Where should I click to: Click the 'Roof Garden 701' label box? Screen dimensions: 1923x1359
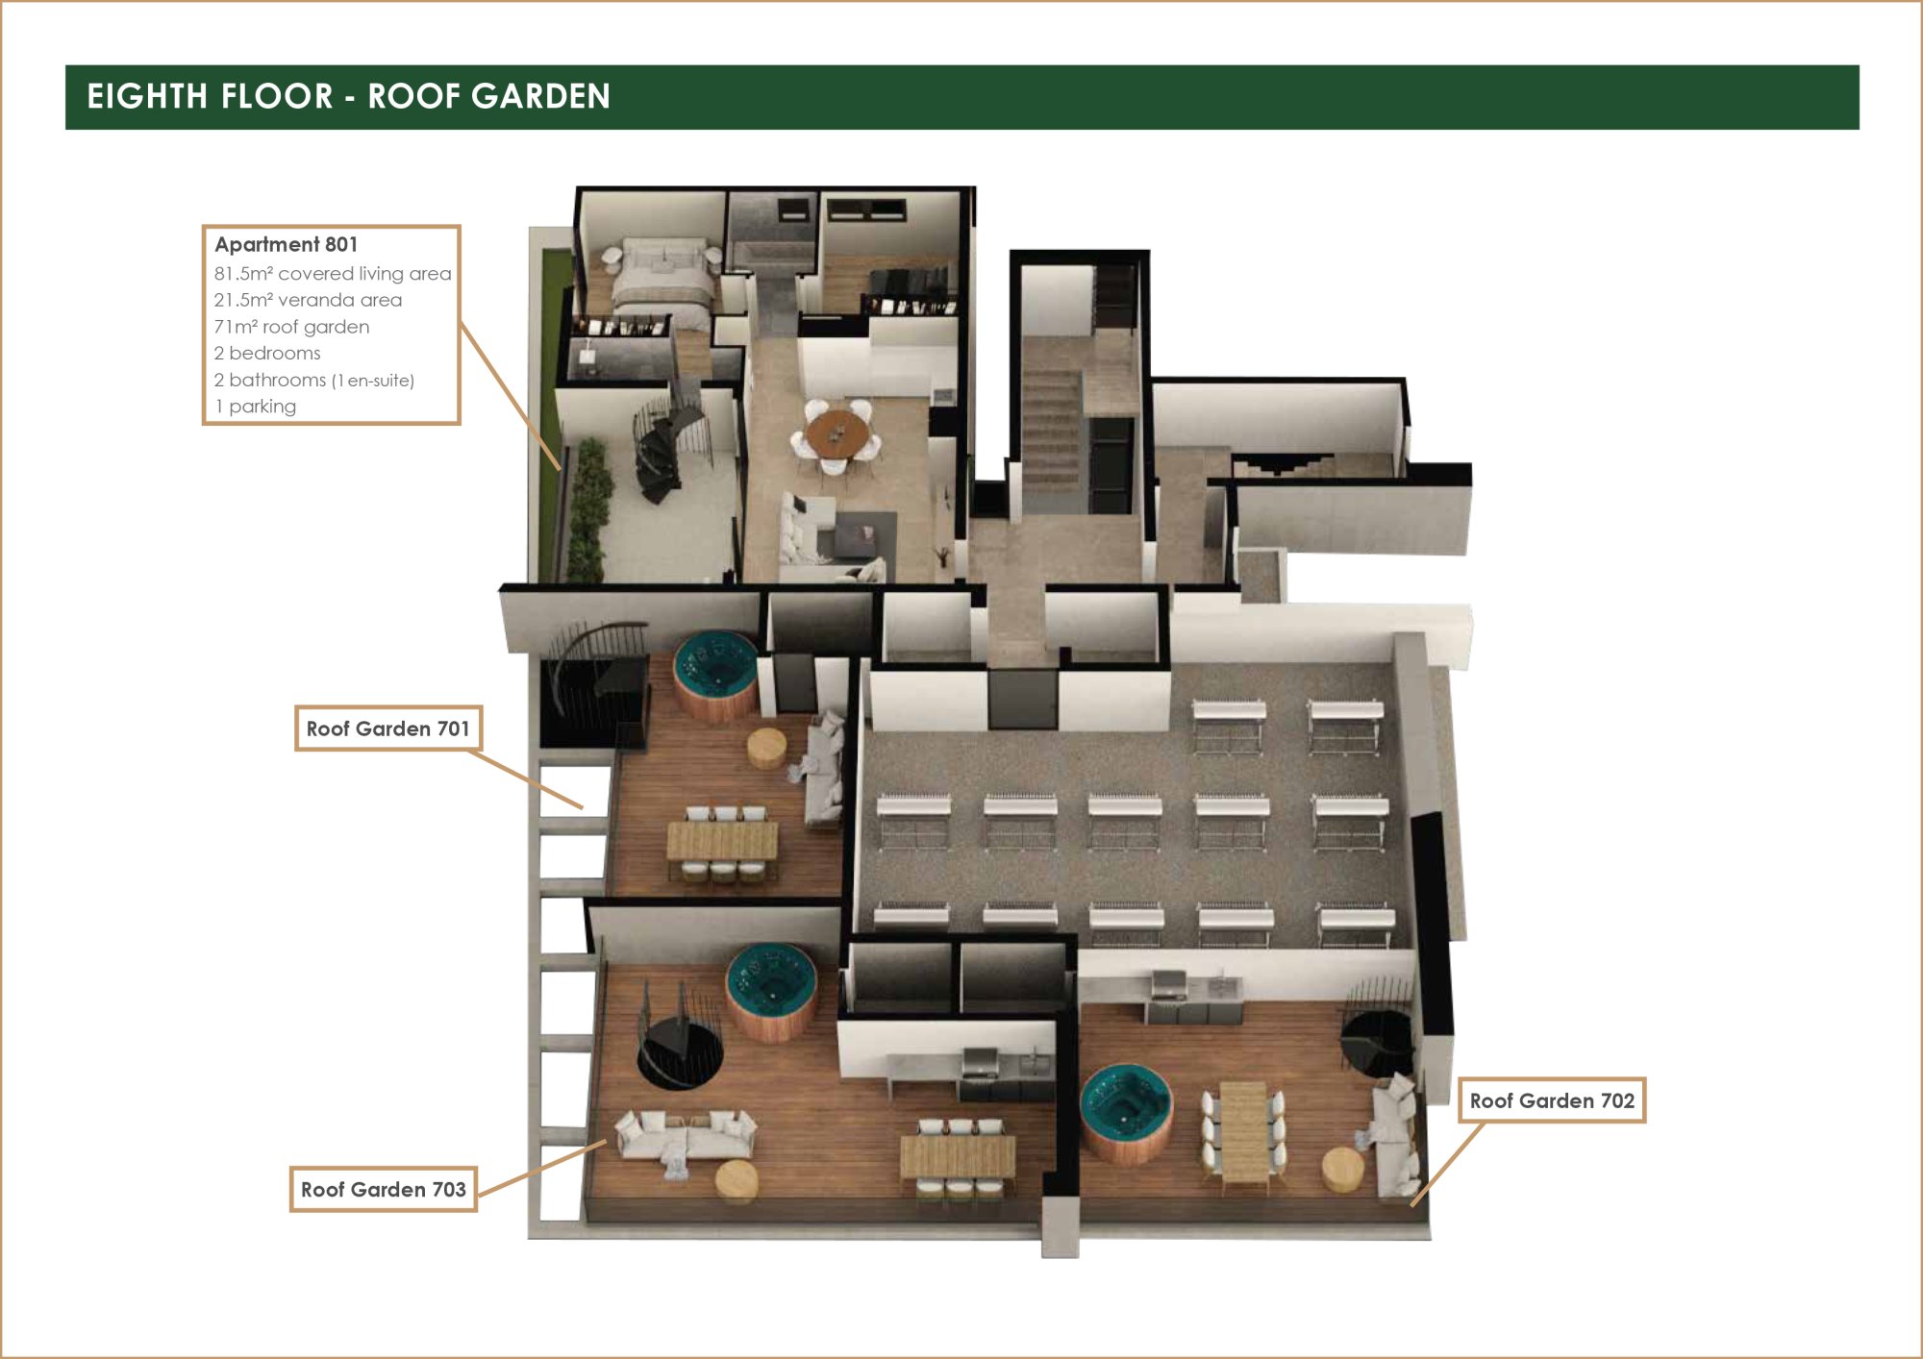pos(387,729)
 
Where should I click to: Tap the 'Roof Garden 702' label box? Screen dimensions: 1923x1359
pos(1552,1100)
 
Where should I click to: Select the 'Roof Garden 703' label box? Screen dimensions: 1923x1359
pos(383,1189)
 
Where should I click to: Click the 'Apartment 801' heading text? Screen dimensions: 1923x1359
pos(286,244)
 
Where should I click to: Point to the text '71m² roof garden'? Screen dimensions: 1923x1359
pos(291,327)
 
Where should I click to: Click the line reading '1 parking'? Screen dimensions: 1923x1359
pos(255,407)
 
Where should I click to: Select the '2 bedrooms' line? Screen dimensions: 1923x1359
pos(267,353)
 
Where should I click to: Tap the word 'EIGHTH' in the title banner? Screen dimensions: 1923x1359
pos(147,96)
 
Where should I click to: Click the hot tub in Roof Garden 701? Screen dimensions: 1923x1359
pos(715,674)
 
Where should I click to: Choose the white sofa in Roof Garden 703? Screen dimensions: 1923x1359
pos(686,1136)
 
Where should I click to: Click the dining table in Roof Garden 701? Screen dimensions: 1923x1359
pos(722,841)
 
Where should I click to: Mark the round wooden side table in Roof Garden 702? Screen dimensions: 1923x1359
pos(1342,1170)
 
